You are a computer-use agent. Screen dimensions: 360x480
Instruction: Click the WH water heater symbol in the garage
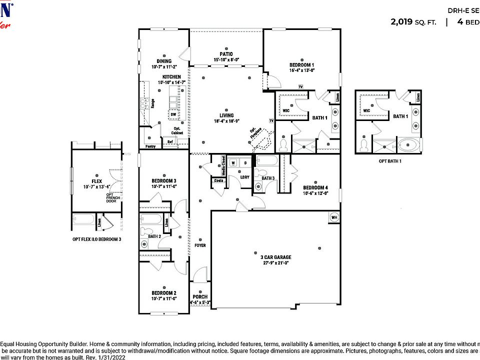[x=334, y=217]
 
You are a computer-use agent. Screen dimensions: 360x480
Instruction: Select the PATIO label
[x=226, y=54]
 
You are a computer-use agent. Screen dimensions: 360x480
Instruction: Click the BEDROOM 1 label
[x=301, y=65]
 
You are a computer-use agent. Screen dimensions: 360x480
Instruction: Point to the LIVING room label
[x=226, y=114]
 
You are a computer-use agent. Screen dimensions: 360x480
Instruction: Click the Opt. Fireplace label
[x=256, y=132]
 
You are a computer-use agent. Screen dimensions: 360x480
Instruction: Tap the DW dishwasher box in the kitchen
[x=173, y=114]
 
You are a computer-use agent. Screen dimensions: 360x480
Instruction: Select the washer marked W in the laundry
[x=233, y=163]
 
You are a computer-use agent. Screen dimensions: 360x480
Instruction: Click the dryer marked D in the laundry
[x=245, y=163]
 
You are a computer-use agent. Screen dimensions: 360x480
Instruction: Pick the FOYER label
[x=200, y=245]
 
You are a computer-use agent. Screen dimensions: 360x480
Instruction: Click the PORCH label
[x=200, y=296]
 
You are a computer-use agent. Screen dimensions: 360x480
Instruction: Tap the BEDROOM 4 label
[x=315, y=188]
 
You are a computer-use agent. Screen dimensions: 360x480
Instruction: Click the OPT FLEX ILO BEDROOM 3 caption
[x=97, y=239]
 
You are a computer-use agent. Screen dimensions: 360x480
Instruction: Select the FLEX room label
[x=97, y=181]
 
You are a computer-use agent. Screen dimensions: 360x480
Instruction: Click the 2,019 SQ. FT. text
[x=413, y=21]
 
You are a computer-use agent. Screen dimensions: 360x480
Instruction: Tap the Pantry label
[x=150, y=146]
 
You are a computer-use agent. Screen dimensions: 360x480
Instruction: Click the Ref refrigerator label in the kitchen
[x=170, y=142]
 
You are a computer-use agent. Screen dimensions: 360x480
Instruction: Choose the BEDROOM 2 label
[x=164, y=293]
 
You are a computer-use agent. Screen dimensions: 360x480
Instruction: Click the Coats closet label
[x=218, y=180]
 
